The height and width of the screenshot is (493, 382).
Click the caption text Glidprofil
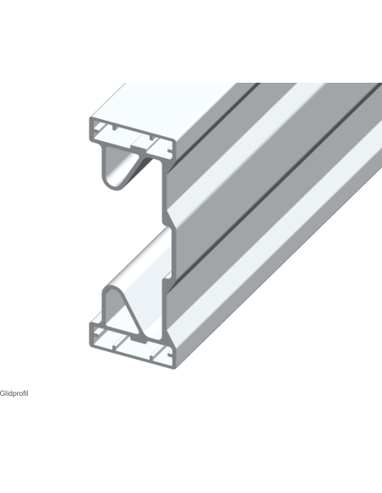pos(14,393)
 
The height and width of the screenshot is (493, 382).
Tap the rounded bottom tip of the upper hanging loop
pos(116,189)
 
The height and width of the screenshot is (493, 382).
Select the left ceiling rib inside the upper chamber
pos(114,128)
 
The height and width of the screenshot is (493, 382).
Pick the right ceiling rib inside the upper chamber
pos(152,138)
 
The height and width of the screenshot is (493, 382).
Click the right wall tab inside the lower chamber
pos(170,355)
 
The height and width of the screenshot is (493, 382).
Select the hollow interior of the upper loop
pos(117,166)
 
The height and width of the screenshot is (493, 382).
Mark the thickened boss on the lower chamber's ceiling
pos(139,340)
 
